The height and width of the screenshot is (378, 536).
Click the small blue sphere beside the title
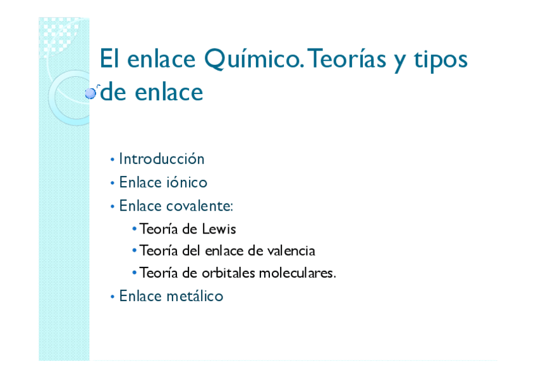90,93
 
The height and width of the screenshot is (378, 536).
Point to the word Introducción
162,159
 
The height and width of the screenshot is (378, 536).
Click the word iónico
186,182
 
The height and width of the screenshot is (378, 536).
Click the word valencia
291,251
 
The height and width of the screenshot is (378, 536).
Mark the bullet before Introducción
112,160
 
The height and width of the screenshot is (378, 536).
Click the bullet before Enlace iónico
112,183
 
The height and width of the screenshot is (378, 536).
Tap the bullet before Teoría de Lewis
135,229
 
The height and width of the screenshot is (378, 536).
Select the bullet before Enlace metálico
112,296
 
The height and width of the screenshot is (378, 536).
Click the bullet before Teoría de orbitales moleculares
135,273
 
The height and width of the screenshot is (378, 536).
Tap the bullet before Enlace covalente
112,206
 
